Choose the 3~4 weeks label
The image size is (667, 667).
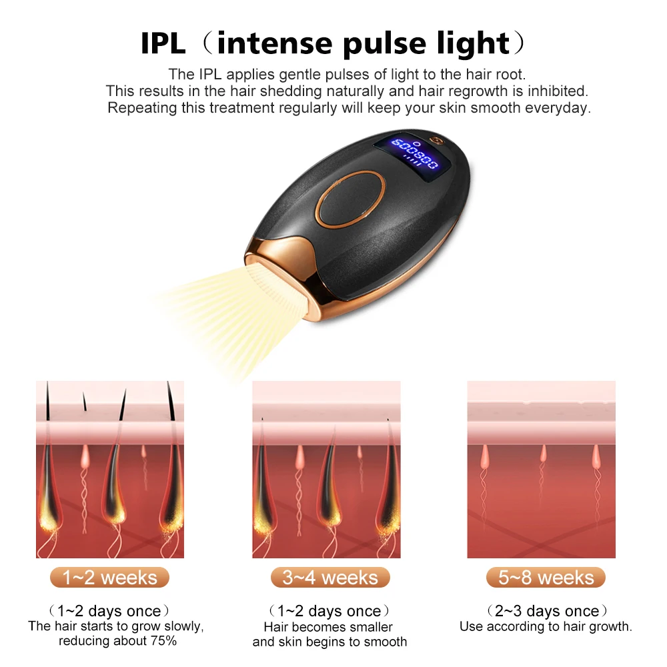(x=330, y=578)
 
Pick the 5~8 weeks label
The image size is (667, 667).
(x=546, y=578)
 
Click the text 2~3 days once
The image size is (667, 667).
(x=546, y=611)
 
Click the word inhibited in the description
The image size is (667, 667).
(x=555, y=91)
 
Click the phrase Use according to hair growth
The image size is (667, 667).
(x=546, y=627)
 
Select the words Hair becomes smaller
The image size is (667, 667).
(x=328, y=627)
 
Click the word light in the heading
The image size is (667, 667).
(x=474, y=43)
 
